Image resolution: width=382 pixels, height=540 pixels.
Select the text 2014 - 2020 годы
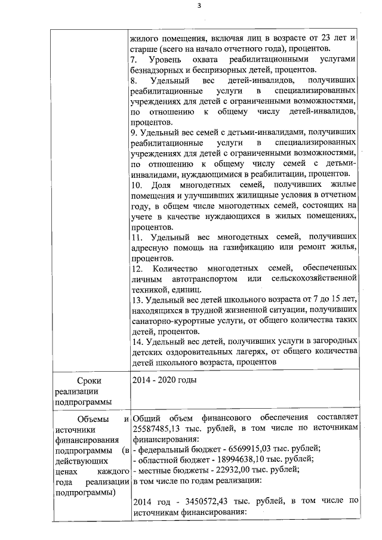click(x=164, y=380)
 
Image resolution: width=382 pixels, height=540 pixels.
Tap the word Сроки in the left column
click(x=91, y=380)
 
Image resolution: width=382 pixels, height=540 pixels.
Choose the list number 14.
click(x=135, y=341)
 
